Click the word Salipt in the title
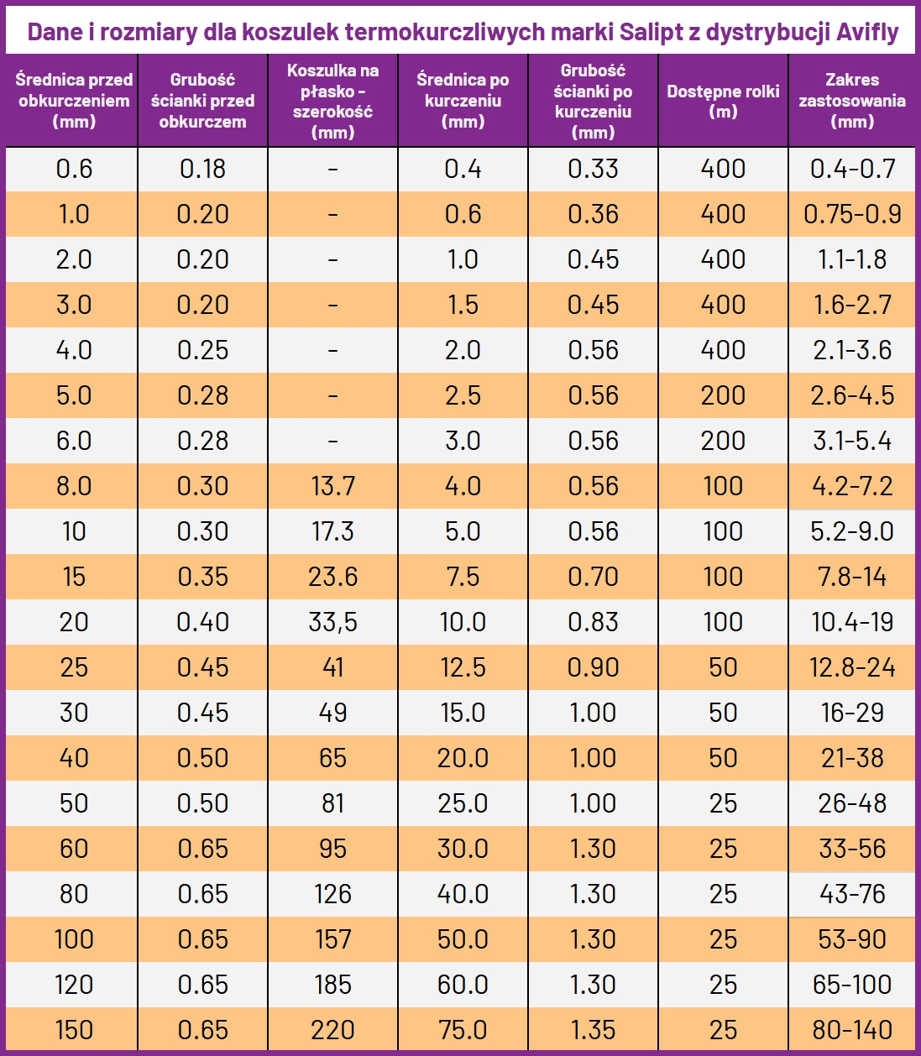651,33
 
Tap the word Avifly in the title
867,33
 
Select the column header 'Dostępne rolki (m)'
723,101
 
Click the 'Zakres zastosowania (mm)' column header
852,101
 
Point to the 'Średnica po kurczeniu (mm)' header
463,101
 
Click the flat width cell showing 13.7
332,486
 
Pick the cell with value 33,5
332,622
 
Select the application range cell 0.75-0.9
852,214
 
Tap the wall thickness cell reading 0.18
202,169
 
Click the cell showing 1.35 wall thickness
593,1030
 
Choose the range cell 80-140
852,1030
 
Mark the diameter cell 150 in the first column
74,1030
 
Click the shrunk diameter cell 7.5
463,577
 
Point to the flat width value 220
332,1030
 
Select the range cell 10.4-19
852,622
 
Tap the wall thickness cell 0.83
593,622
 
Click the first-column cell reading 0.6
74,169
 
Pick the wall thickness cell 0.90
593,667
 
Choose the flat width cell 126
332,894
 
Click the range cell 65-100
852,985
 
